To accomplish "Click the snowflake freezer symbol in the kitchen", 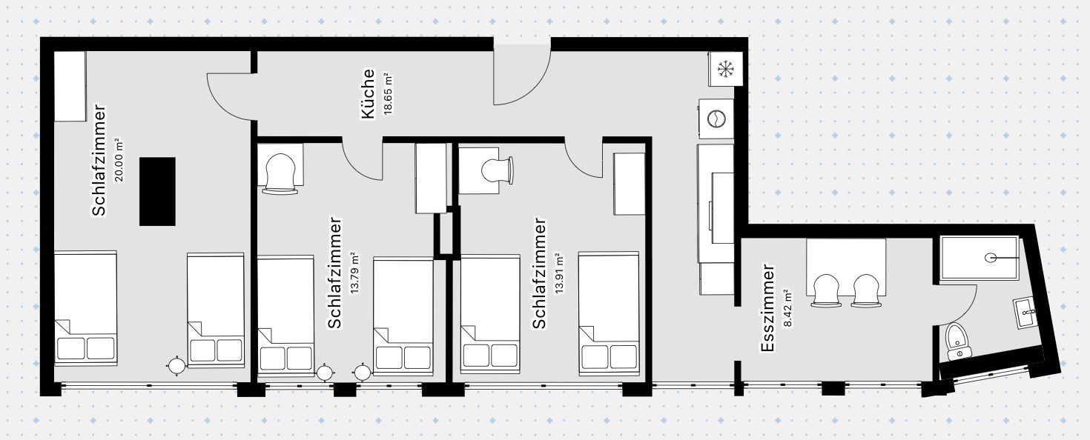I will tap(724, 70).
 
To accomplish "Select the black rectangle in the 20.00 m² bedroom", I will tap(157, 191).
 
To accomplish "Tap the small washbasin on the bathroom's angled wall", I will tap(1026, 313).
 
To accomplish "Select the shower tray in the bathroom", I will tap(979, 258).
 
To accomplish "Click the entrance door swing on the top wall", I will tap(522, 74).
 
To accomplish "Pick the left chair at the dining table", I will tap(826, 290).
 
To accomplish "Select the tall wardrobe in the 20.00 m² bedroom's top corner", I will tap(70, 86).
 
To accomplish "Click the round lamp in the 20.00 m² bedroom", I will tap(176, 365).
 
